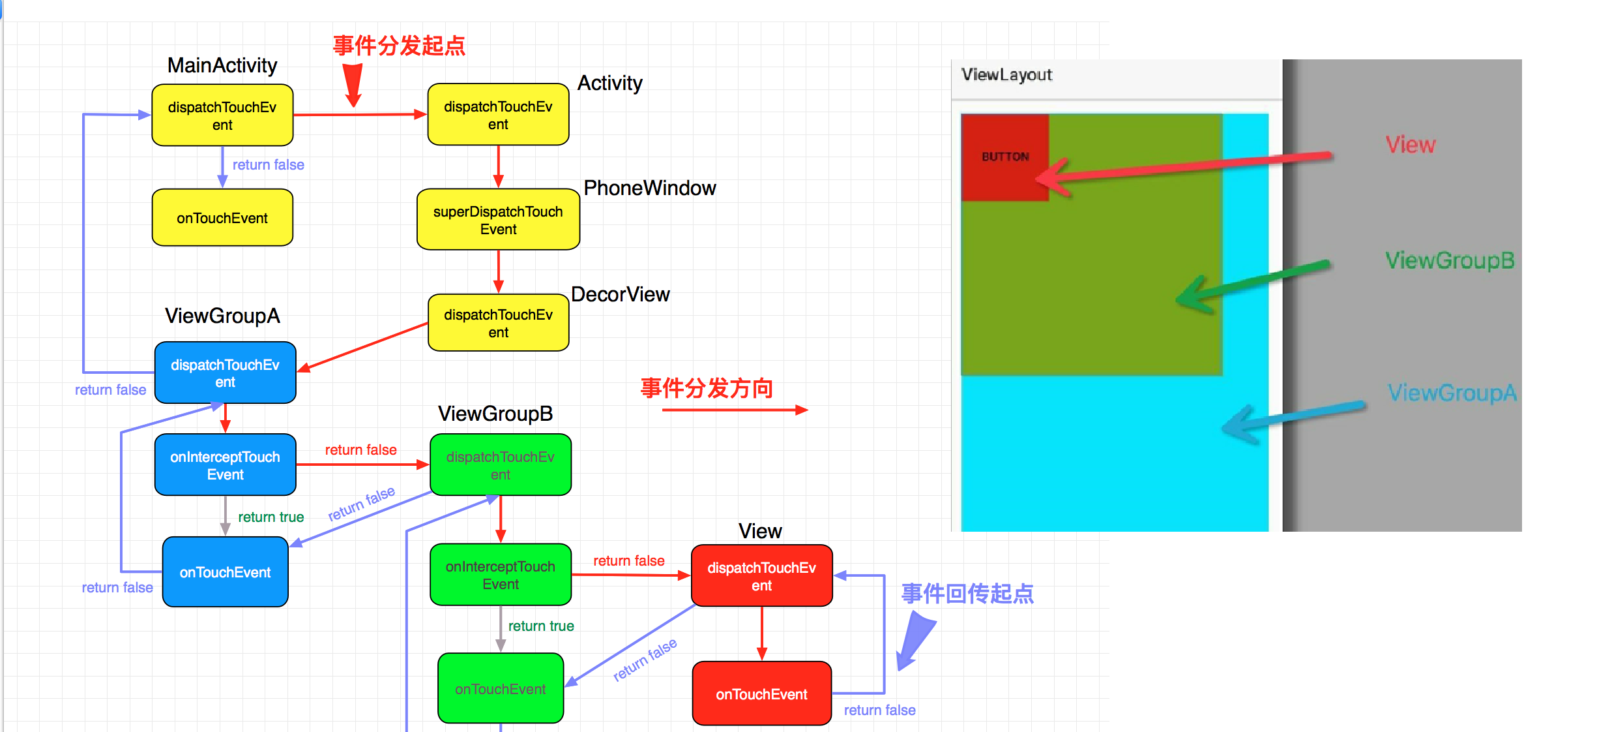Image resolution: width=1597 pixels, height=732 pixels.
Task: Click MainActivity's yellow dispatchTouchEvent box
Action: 222,115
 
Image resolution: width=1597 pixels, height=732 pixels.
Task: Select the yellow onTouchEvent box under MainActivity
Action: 222,218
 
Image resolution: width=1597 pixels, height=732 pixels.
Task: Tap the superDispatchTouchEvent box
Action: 498,220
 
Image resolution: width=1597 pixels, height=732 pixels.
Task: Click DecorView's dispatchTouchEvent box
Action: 498,323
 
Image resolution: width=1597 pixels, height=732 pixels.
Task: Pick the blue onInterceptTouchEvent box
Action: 225,465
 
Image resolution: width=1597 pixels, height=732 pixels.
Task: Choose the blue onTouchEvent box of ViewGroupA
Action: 225,572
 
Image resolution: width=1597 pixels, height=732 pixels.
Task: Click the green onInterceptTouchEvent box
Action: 500,575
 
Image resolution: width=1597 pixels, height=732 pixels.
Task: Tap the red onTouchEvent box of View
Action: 761,694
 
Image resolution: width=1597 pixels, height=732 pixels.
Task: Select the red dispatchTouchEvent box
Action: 761,576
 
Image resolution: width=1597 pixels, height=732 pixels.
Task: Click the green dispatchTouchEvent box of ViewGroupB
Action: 500,465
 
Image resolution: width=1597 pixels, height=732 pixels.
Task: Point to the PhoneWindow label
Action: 649,188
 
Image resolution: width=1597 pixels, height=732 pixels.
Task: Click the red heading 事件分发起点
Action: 399,46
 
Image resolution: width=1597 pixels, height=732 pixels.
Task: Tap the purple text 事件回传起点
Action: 967,594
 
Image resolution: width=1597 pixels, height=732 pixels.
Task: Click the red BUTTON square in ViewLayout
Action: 1004,157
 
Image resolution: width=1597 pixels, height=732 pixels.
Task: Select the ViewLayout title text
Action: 1006,75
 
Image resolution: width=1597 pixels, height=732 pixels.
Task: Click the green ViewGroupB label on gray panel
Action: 1450,260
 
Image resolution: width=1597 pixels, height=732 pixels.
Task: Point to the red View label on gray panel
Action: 1410,144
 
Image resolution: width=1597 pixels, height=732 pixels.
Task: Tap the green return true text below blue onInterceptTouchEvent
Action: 271,517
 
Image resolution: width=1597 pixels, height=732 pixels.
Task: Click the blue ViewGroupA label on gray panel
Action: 1452,393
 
